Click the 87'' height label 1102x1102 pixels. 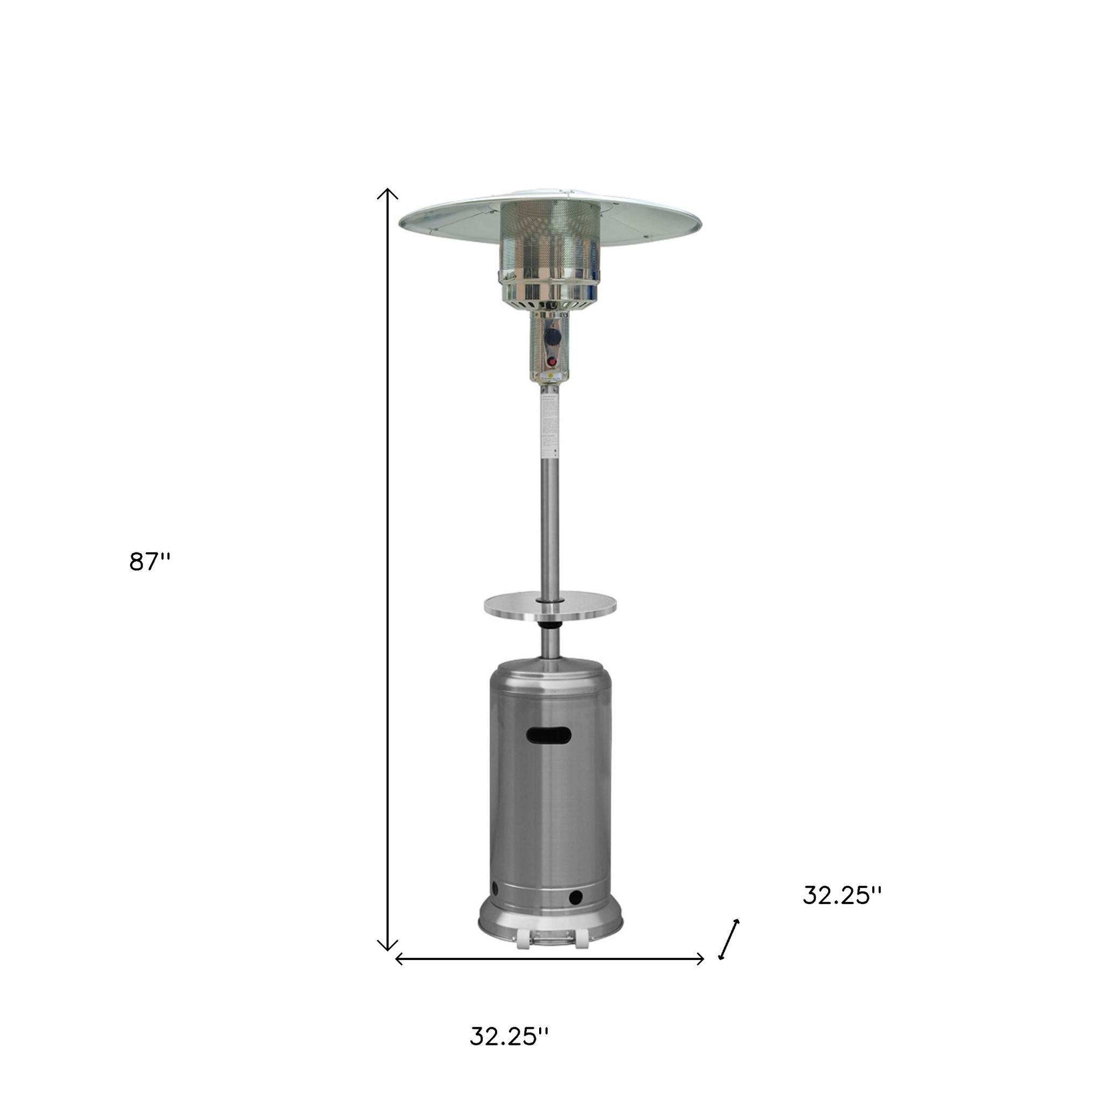tap(150, 562)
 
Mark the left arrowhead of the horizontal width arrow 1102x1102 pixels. tap(399, 959)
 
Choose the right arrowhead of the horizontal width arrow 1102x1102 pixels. tap(701, 959)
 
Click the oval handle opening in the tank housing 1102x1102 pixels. tap(549, 736)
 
